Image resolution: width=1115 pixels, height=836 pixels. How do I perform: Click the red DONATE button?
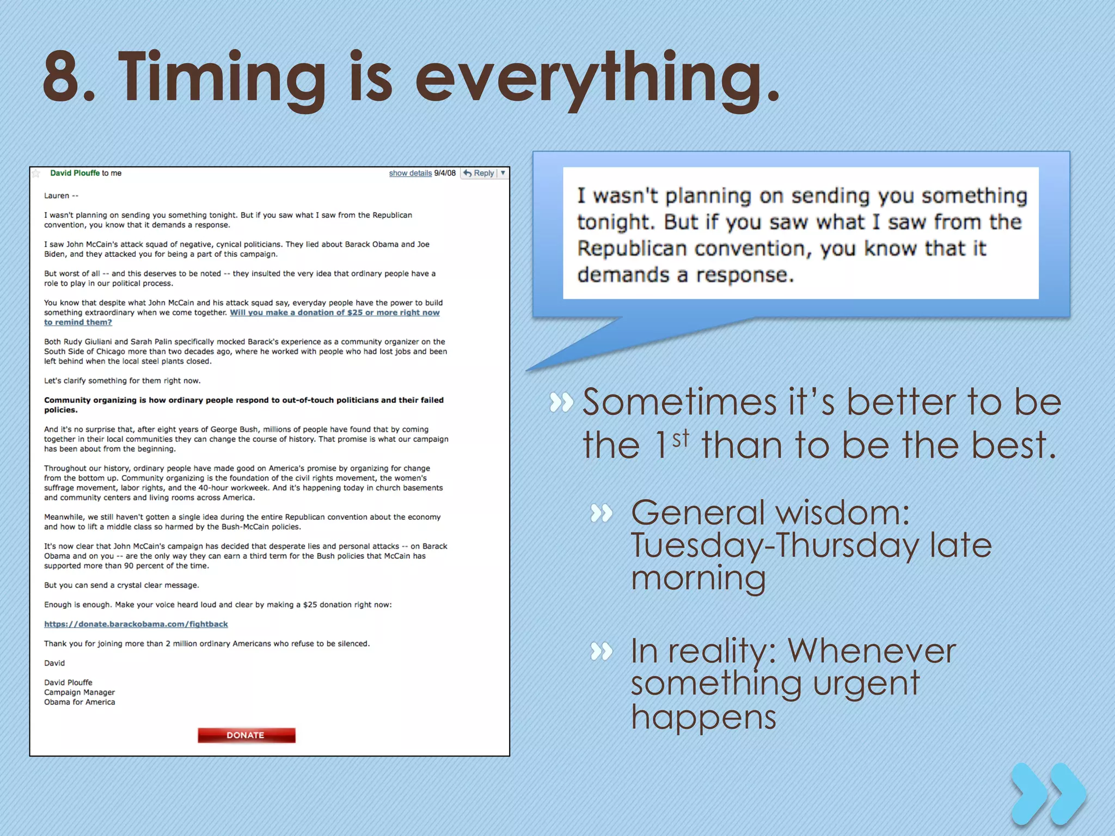(246, 735)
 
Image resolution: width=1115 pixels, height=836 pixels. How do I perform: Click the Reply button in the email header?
(479, 173)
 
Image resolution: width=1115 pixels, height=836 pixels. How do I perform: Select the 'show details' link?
(410, 173)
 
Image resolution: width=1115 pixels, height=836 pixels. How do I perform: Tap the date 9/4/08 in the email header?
(445, 173)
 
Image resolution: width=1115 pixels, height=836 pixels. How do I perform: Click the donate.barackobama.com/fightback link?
(136, 624)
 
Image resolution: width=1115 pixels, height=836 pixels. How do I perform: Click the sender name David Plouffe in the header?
(75, 173)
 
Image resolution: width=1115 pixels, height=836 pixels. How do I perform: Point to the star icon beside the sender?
(36, 174)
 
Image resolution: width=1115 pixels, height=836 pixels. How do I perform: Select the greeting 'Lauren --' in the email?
(61, 196)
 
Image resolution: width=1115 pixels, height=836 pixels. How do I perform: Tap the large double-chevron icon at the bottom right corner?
(1048, 795)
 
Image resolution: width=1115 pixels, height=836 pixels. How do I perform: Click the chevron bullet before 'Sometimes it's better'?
(561, 403)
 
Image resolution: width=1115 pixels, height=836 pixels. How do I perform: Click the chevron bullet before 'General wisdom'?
(602, 513)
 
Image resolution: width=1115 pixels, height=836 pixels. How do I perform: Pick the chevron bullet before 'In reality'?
(602, 651)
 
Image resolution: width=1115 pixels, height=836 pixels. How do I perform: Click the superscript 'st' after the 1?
(681, 438)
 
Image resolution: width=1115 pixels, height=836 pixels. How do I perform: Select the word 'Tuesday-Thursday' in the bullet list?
(773, 545)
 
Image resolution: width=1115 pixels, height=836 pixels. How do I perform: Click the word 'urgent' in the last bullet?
(866, 684)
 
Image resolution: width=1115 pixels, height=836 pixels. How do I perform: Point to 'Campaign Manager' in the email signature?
(79, 692)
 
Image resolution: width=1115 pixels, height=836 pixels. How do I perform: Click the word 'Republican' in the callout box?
(632, 249)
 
